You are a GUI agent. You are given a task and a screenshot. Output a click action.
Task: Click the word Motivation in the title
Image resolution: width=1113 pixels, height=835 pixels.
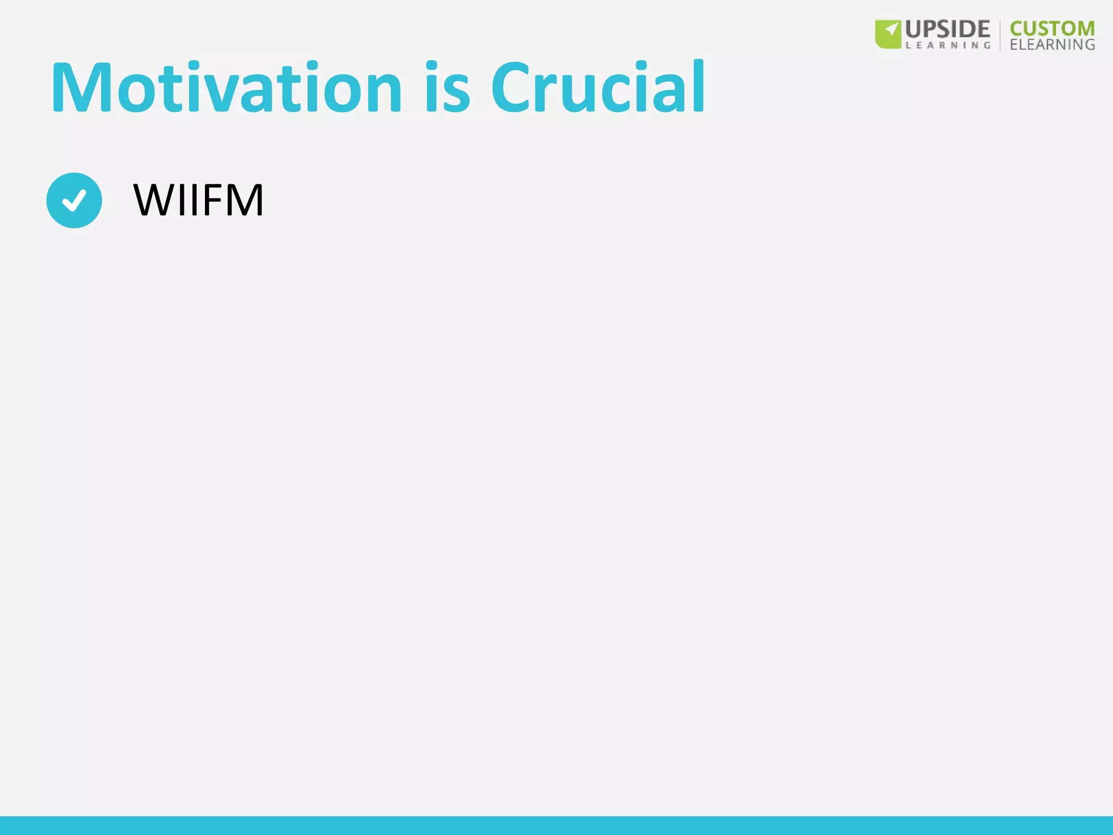pos(226,88)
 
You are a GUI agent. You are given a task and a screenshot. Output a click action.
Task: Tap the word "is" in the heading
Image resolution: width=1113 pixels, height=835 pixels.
pos(447,88)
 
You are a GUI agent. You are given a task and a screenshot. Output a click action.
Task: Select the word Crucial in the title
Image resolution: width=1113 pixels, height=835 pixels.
pos(598,88)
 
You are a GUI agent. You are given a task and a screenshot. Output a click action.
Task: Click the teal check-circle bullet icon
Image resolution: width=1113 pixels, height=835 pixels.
pos(74,200)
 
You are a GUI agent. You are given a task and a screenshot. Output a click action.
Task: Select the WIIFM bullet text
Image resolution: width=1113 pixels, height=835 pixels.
pos(198,200)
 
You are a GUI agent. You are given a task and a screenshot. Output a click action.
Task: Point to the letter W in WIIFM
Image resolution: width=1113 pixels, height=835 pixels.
pos(153,200)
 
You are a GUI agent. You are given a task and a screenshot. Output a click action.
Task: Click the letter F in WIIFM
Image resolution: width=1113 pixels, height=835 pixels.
pos(214,200)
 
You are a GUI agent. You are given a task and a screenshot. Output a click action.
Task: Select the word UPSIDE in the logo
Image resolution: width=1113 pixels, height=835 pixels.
pos(948,29)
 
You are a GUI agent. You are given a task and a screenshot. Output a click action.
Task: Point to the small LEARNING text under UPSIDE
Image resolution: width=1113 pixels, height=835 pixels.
pos(948,46)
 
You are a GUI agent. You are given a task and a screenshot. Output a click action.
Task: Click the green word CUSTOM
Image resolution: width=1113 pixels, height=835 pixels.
pos(1052,28)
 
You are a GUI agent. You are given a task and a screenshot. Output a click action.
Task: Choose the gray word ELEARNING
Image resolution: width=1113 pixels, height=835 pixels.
pos(1052,45)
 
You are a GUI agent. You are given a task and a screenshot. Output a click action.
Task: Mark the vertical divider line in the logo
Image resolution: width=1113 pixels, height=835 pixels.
pos(1000,35)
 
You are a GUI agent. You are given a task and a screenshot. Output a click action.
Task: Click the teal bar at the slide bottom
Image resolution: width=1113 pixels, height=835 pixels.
pos(556,825)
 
